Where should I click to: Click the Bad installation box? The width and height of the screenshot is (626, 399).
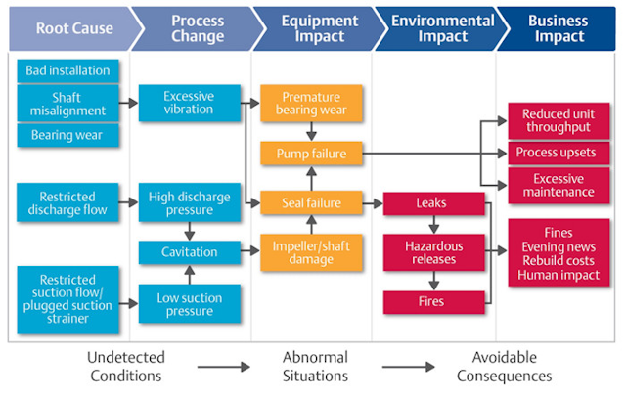coord(68,71)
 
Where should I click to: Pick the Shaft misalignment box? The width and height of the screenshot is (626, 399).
coord(68,105)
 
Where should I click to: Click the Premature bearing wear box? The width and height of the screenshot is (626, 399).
coord(311,105)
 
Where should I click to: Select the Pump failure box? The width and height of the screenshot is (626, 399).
coord(311,154)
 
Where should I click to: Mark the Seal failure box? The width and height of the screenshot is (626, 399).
coord(311,202)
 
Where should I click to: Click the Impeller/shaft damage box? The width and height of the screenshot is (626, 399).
coord(311,251)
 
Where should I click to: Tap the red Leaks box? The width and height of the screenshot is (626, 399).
coord(433,202)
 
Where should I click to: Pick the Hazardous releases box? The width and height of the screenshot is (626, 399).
coord(433,251)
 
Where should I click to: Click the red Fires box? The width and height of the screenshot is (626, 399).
coord(433,300)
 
